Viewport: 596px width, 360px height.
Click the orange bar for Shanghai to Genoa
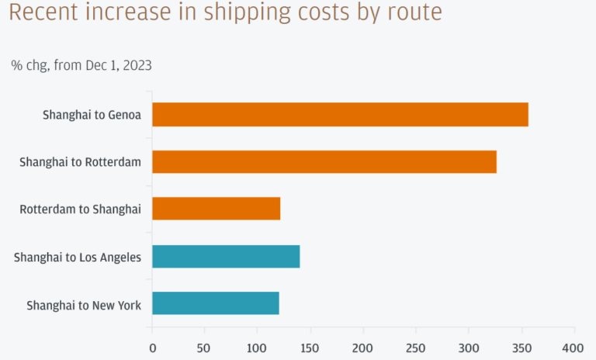click(x=340, y=115)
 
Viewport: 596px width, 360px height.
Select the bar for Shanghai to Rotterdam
click(x=324, y=161)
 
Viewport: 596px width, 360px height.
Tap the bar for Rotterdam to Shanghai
click(x=216, y=209)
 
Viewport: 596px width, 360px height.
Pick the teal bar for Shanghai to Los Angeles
click(x=226, y=256)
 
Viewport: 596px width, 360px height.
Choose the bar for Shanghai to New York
click(x=216, y=303)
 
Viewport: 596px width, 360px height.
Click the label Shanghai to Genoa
click(x=92, y=115)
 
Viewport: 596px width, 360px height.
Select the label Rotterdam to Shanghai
click(x=80, y=209)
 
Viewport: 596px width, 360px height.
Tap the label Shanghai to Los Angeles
click(x=78, y=256)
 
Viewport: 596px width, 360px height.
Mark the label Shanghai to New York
click(x=84, y=304)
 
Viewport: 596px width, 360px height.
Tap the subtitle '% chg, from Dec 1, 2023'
click(x=81, y=65)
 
